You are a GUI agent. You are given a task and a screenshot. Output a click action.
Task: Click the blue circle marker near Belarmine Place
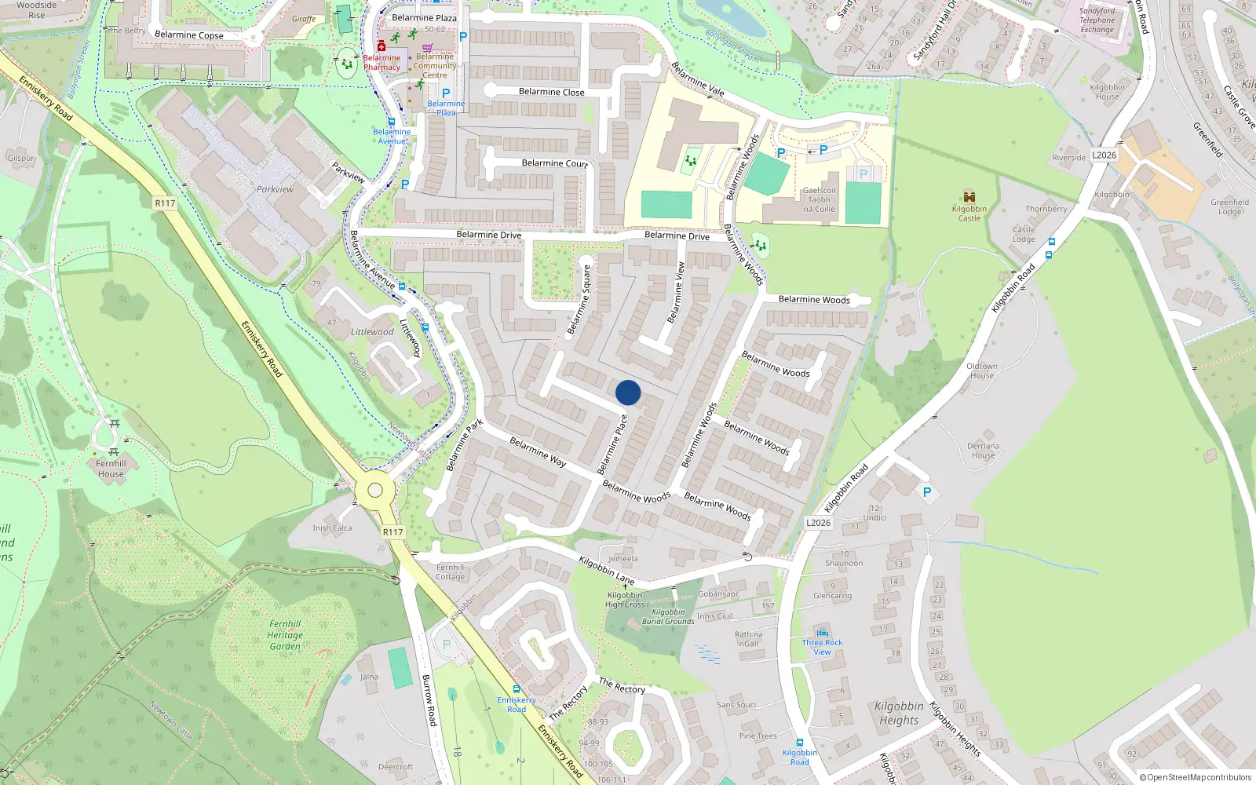628,392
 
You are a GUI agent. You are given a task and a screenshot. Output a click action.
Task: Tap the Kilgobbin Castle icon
969,197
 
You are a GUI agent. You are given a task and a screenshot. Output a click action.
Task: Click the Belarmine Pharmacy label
382,63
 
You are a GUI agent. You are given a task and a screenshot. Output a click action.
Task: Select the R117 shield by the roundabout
392,532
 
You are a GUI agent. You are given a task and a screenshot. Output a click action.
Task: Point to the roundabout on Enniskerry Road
375,491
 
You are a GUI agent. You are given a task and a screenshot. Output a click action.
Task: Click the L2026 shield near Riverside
1104,155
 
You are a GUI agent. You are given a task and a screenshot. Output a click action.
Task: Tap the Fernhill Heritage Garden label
285,635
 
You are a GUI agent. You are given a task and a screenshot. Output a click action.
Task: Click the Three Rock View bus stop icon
822,633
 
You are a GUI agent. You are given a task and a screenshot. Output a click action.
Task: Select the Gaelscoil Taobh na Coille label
819,199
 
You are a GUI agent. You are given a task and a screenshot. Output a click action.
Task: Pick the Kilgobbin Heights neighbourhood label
899,713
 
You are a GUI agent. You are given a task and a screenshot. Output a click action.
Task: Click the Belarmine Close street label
551,92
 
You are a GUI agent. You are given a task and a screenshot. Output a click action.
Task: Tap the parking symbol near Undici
927,492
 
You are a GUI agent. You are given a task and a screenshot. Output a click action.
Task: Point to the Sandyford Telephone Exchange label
1097,20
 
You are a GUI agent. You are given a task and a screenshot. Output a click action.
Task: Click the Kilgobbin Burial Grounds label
668,617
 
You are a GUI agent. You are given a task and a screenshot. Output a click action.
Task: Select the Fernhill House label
111,469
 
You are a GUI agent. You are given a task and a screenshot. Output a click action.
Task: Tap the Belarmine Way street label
538,452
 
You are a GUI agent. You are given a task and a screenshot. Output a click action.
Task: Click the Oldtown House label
981,371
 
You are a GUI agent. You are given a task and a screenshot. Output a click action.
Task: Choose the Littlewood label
372,332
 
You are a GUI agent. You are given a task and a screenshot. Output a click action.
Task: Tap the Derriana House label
983,451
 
